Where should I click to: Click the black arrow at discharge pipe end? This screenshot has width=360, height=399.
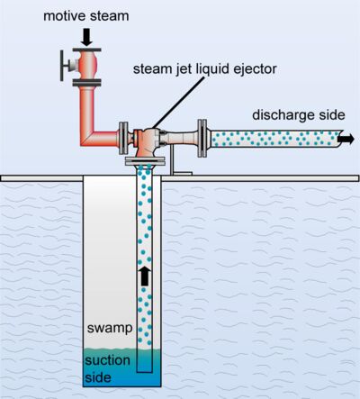tap(346, 139)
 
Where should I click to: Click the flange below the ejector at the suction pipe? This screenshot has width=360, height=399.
tap(144, 163)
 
